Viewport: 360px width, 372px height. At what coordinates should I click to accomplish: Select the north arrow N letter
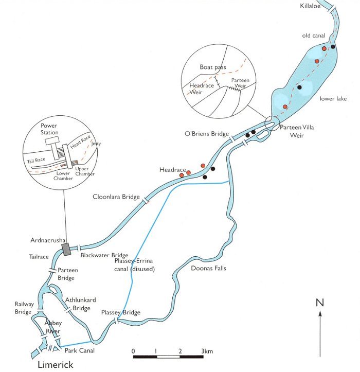pos(320,302)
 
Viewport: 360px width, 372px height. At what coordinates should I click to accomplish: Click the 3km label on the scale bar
pos(207,351)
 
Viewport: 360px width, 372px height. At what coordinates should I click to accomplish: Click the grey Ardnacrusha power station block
pos(66,249)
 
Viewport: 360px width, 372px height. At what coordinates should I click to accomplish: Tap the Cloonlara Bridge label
pos(116,197)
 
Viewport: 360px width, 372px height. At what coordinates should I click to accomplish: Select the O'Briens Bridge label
pos(206,134)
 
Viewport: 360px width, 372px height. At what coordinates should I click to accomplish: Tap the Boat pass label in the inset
pos(213,67)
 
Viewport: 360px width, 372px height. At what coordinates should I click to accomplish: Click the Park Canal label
pos(80,350)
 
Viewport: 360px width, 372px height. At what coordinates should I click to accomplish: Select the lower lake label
pos(331,98)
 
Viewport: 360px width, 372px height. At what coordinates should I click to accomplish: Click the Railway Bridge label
pos(24,307)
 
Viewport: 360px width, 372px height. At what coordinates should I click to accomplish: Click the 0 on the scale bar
pos(133,351)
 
